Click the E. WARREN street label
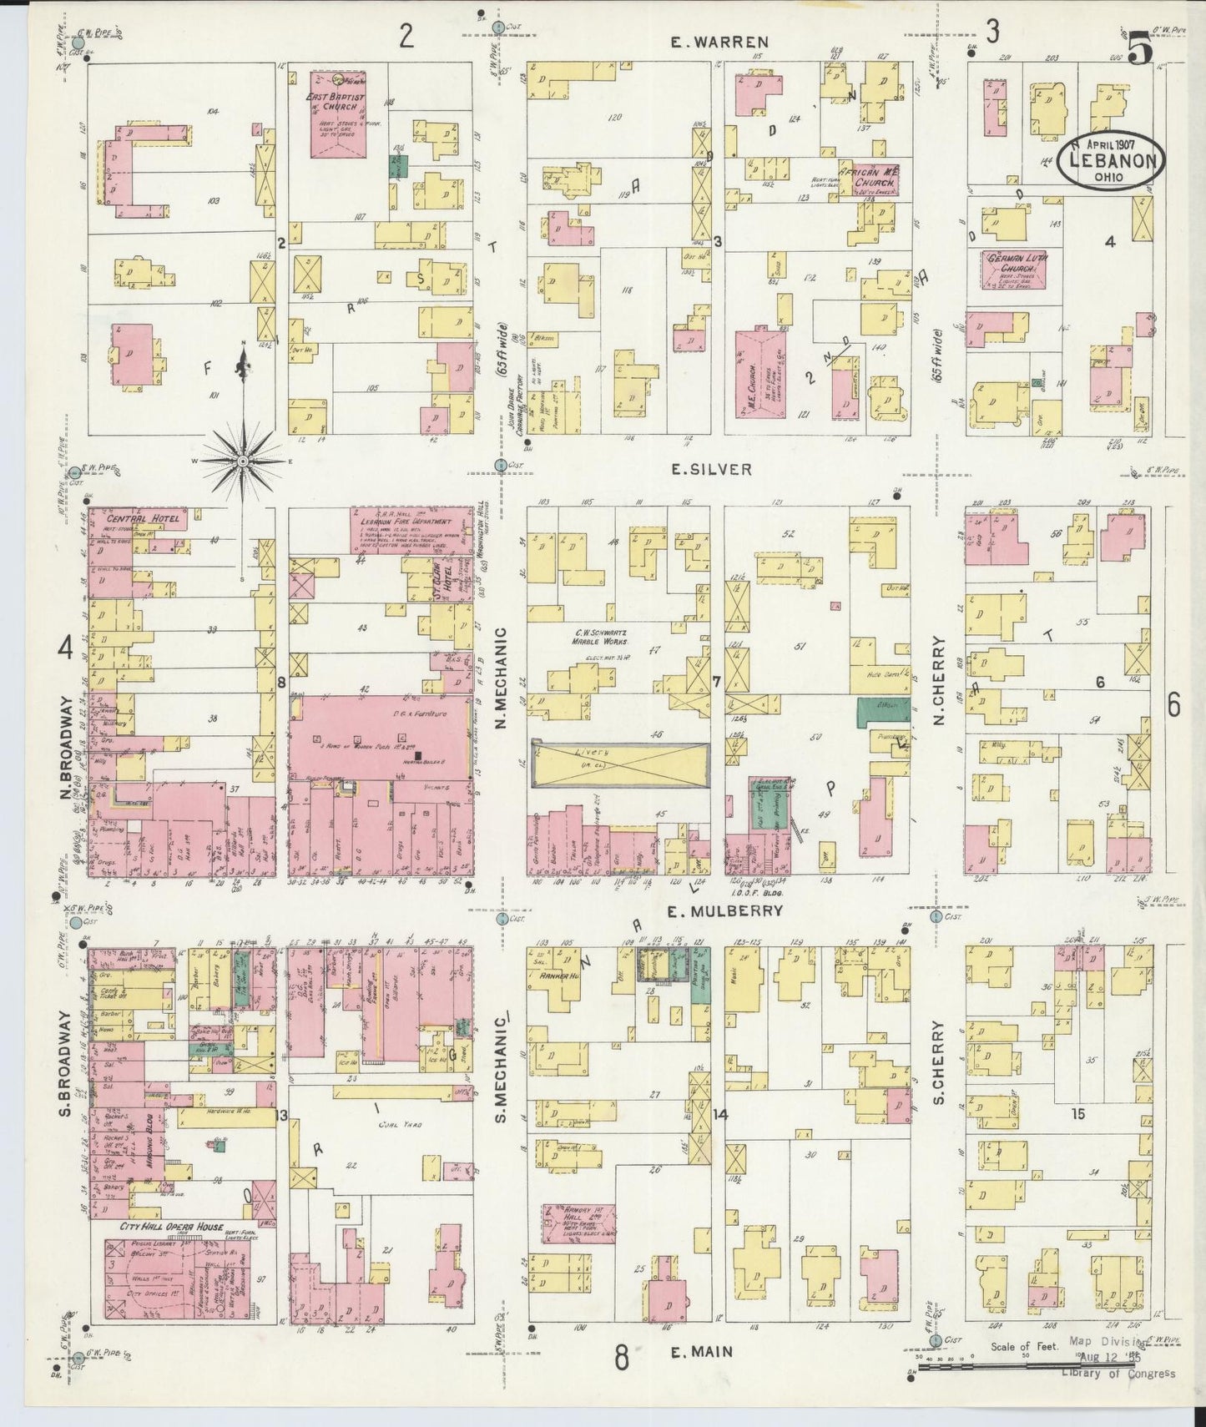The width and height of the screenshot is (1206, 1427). coord(721,41)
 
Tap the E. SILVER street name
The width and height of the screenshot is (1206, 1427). coord(712,470)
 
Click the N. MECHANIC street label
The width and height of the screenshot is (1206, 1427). coord(502,682)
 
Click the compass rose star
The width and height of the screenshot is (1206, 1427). coord(243,461)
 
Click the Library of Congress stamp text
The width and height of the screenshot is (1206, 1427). coord(1118,1374)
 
